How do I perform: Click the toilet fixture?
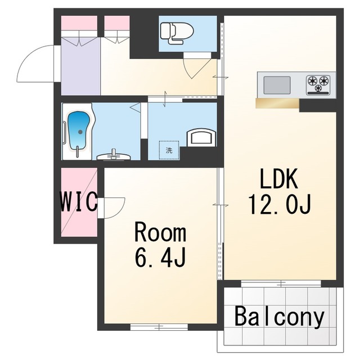(x=177, y=33)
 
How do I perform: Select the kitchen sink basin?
(x=277, y=85)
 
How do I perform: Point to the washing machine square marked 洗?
(x=169, y=150)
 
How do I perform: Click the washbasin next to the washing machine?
(x=201, y=137)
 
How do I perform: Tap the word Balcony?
(x=280, y=317)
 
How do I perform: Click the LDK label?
(x=279, y=179)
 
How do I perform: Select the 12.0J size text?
(x=280, y=204)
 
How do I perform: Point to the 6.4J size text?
(x=160, y=258)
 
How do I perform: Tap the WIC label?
(x=79, y=202)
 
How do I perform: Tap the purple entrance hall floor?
(x=81, y=66)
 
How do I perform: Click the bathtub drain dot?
(x=80, y=132)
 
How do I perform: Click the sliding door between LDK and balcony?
(x=281, y=284)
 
